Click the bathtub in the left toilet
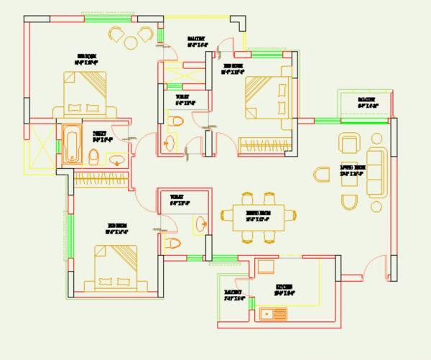coord(70,145)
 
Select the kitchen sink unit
coord(274,313)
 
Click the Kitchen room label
coord(285,290)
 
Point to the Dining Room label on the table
coord(258,216)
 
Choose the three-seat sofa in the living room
coord(376,172)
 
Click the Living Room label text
coord(352,171)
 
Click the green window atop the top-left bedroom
coord(101,17)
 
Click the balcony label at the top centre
coord(196,41)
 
